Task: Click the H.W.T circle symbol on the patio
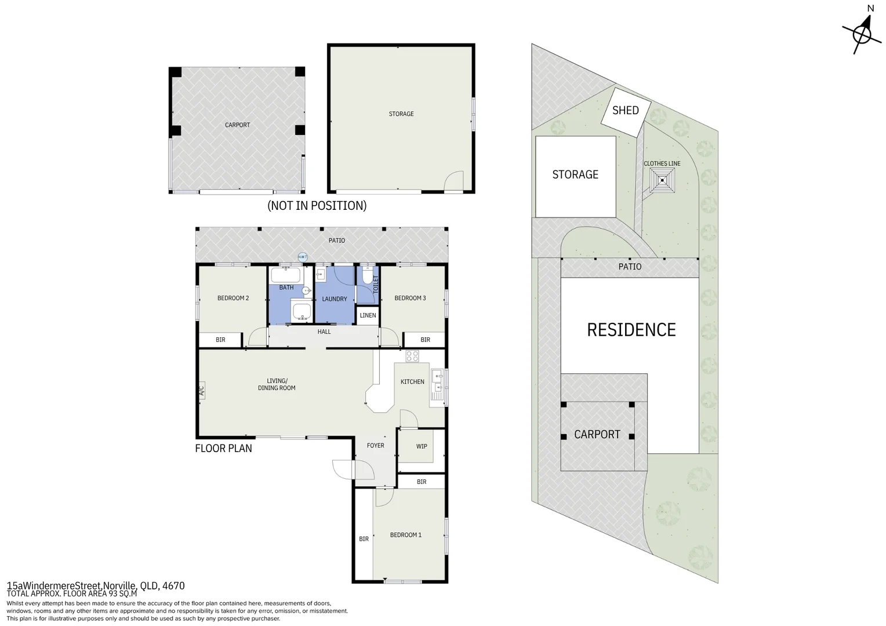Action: [x=303, y=257]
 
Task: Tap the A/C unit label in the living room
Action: [x=201, y=391]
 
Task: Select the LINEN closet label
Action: [x=368, y=315]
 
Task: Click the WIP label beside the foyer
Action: [x=421, y=446]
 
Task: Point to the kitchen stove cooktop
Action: [x=412, y=356]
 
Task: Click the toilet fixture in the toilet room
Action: [x=368, y=275]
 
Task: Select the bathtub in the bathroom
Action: [x=286, y=275]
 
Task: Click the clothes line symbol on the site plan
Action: [x=662, y=181]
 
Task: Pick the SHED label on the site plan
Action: [x=625, y=110]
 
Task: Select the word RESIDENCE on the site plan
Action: [x=631, y=330]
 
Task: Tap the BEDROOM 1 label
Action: [x=405, y=535]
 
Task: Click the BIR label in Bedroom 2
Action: [x=220, y=340]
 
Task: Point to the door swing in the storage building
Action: [x=453, y=181]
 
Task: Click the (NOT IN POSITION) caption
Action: [x=317, y=206]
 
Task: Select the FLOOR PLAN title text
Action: [x=223, y=448]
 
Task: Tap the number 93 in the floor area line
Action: [x=114, y=594]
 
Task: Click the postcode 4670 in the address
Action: [x=173, y=585]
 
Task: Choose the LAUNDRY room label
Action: [x=334, y=299]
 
